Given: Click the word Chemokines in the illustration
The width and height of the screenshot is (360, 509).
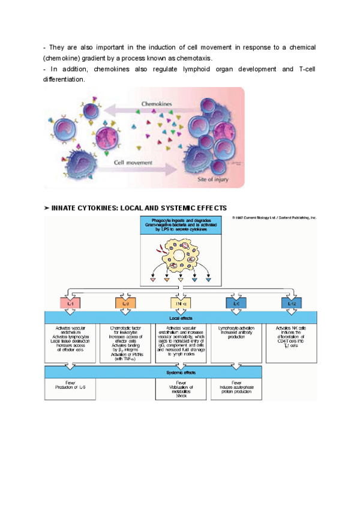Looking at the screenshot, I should point(157,104).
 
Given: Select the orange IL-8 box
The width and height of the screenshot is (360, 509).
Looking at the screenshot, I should point(124,304).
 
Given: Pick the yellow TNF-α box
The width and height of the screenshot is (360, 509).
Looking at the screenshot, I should point(180,304).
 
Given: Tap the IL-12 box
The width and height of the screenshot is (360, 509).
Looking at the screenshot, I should point(292,304).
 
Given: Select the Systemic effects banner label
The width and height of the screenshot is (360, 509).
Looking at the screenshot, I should point(180,372).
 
